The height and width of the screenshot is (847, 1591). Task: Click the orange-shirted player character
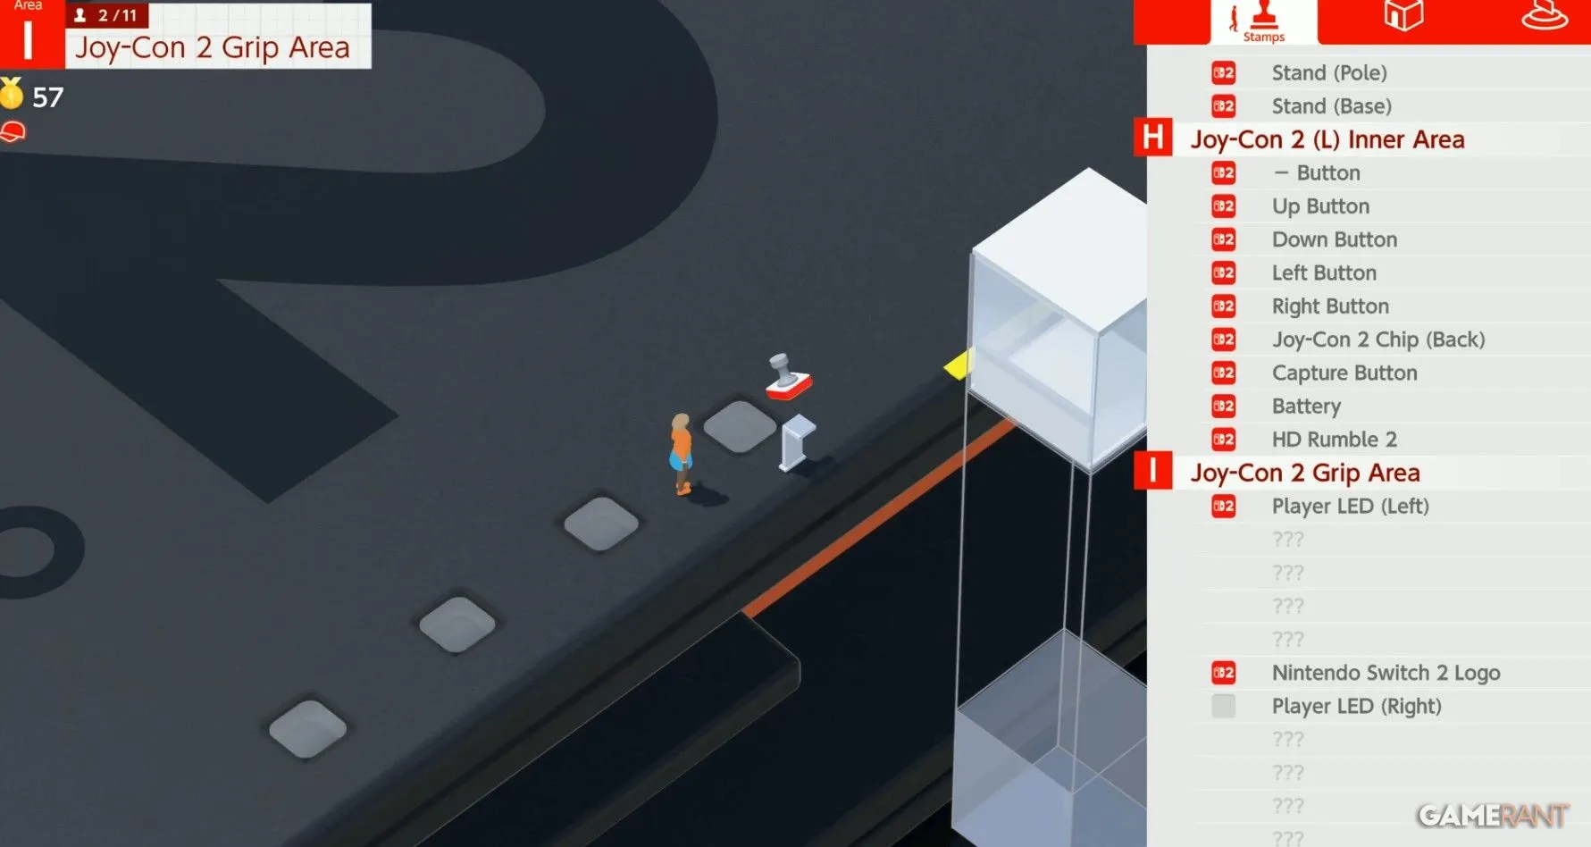point(682,454)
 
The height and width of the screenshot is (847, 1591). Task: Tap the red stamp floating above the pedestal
point(788,376)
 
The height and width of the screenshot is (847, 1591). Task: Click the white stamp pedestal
point(797,442)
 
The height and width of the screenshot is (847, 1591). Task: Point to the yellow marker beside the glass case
point(958,365)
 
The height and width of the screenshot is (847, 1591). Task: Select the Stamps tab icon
point(1263,21)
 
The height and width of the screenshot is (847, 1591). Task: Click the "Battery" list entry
point(1306,407)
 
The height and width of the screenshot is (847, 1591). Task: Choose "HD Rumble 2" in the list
point(1334,440)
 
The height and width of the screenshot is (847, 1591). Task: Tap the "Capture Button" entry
point(1344,373)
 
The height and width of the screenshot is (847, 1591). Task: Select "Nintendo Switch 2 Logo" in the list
point(1386,673)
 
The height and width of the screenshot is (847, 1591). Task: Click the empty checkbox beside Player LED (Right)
point(1224,706)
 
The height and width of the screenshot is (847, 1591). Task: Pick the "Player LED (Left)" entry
point(1350,507)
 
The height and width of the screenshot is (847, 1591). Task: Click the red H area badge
point(1153,138)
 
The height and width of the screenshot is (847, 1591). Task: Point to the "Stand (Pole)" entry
point(1329,73)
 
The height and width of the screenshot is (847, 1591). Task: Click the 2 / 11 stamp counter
point(107,15)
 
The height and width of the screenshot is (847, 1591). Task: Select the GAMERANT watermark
point(1493,815)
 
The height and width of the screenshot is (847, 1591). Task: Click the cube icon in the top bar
point(1403,15)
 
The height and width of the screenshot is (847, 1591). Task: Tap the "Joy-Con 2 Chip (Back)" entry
point(1378,340)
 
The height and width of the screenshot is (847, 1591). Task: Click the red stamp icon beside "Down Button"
point(1224,239)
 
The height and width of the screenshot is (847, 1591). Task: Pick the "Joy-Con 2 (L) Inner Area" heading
point(1327,139)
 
